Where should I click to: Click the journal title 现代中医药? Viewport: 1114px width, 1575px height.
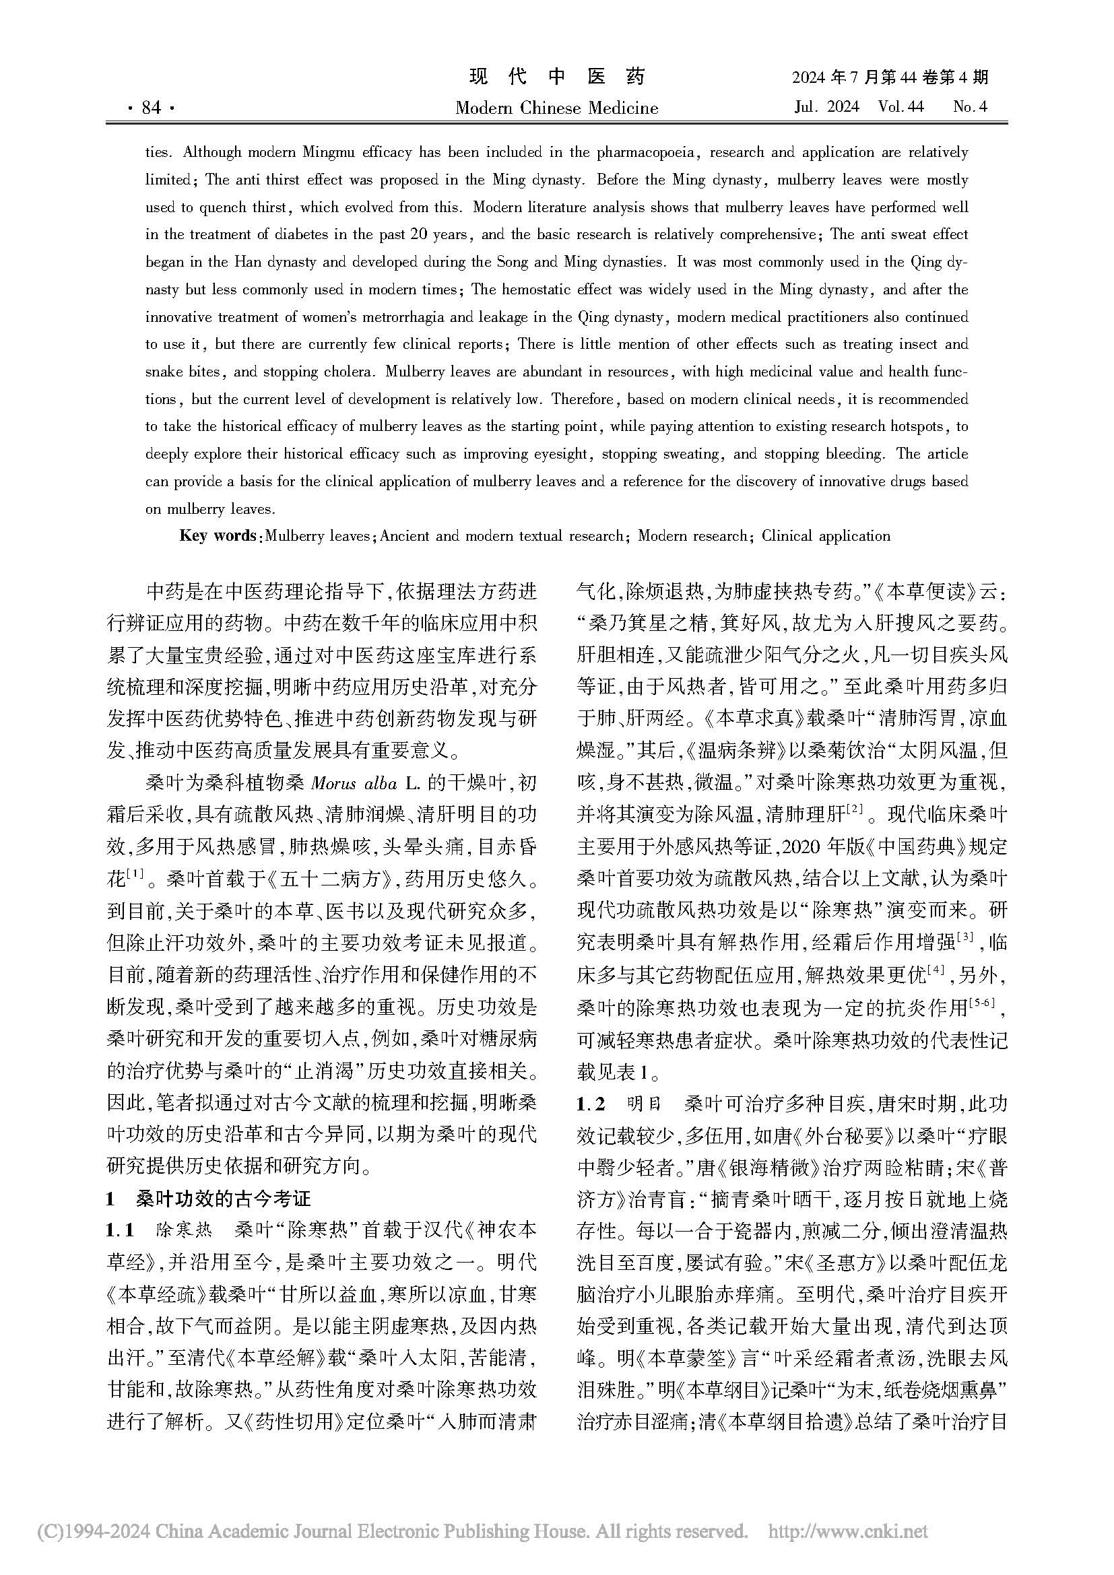point(557,77)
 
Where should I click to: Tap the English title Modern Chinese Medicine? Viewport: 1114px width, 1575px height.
point(556,108)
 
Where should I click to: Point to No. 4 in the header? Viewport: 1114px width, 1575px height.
point(970,107)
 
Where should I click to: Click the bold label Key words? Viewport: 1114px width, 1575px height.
point(217,536)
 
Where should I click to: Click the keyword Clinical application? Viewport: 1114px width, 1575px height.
point(826,536)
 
